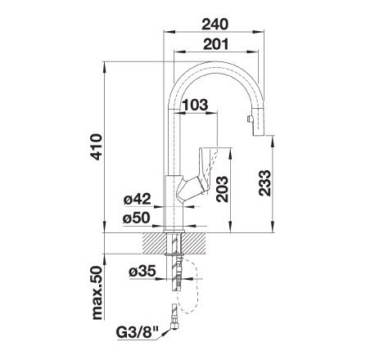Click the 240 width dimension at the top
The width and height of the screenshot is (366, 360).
click(x=215, y=24)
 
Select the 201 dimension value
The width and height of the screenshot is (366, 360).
click(x=215, y=44)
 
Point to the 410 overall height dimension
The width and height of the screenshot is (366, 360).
click(x=97, y=146)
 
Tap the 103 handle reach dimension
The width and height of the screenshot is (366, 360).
click(x=195, y=105)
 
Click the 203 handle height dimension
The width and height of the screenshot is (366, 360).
click(x=222, y=189)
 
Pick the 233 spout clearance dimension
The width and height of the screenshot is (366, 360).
click(x=264, y=183)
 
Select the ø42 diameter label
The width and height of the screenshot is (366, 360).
click(x=137, y=199)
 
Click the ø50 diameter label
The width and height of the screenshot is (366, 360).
click(x=137, y=218)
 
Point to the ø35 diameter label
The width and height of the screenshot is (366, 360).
click(x=142, y=272)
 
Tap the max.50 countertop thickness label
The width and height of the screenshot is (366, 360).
click(x=97, y=293)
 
